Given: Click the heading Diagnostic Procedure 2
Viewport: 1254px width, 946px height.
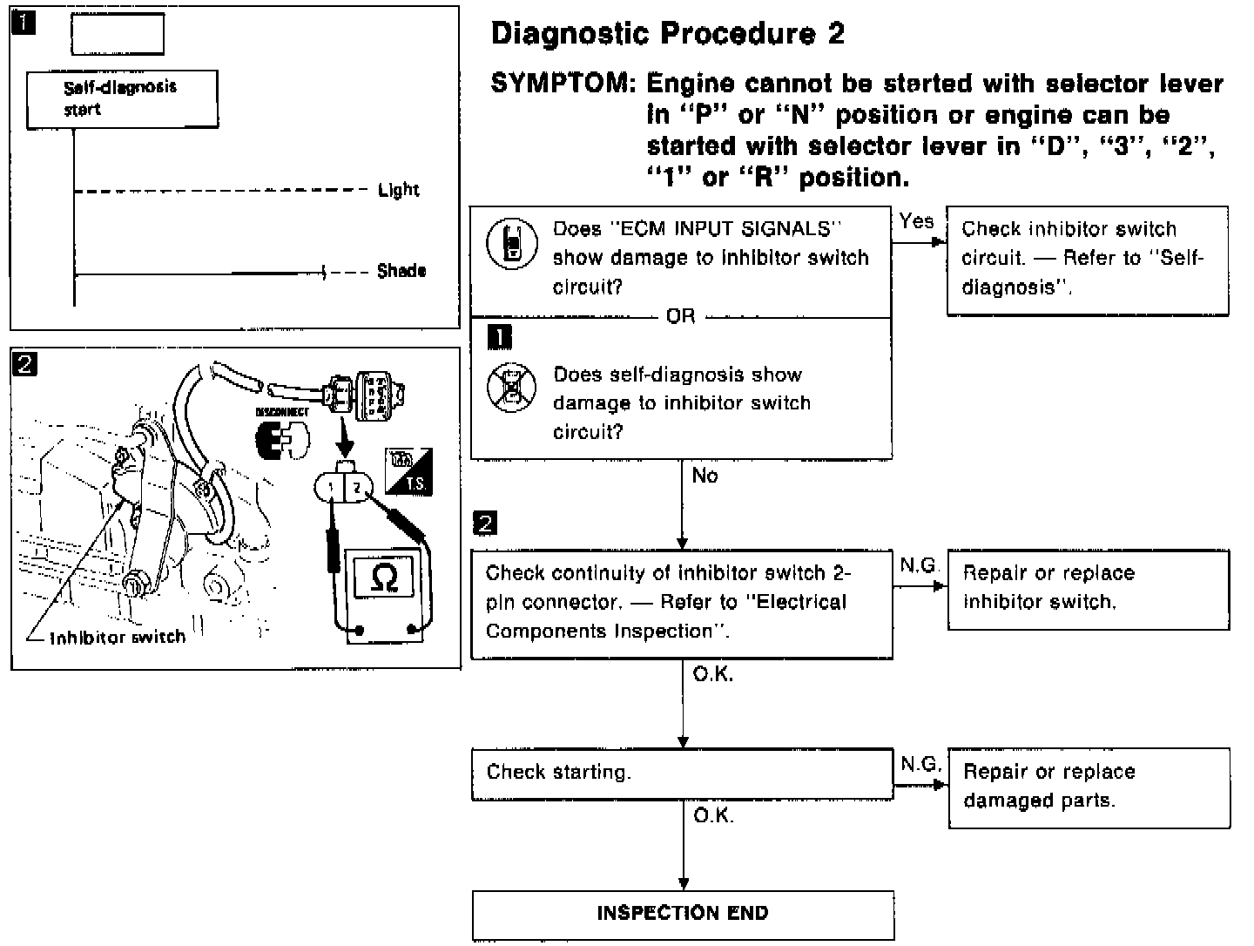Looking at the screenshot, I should (667, 34).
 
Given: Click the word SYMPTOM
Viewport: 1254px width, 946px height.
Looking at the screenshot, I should (563, 84).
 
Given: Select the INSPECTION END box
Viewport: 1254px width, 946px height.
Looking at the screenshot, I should (683, 914).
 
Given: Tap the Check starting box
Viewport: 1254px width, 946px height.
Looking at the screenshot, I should (682, 774).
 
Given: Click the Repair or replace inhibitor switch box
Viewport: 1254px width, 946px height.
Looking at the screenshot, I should (1088, 589).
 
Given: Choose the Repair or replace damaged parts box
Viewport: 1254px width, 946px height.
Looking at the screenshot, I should (1089, 787).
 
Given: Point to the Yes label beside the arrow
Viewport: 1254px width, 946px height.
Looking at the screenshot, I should (916, 221).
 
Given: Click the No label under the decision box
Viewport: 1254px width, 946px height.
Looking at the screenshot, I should (705, 476).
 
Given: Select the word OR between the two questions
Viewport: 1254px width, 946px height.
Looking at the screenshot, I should (680, 316).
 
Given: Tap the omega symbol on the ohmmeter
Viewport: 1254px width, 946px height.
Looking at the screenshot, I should (383, 578).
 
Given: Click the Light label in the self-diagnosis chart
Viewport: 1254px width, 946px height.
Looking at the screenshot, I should (398, 190).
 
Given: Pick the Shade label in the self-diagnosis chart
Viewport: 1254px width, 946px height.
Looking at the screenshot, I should (401, 271).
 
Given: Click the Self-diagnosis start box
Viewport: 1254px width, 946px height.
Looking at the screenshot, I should (122, 99).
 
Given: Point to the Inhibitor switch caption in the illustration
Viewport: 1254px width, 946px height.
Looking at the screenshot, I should (118, 638).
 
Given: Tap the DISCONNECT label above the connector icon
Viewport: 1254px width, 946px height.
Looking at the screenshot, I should (282, 411).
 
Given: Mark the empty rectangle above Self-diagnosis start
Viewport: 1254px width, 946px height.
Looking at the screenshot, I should (117, 35).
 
